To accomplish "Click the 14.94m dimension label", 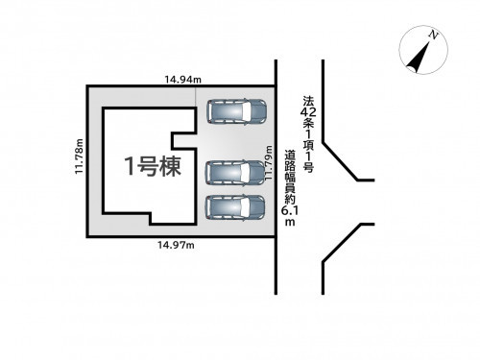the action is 183,80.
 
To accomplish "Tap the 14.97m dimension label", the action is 176,245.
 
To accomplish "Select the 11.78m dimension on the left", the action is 80,156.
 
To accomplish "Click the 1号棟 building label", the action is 153,166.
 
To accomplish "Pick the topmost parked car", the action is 237,111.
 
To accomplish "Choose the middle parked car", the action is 235,173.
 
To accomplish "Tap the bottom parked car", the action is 235,207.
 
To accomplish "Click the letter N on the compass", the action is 433,35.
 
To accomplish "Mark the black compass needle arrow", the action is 420,57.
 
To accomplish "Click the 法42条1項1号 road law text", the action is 308,134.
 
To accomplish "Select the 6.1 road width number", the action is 290,211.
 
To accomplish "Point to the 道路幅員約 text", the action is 290,178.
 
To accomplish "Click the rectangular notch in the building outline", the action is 184,141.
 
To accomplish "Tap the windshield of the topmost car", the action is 247,111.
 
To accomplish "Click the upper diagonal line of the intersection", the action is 340,161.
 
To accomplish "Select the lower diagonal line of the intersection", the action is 343,243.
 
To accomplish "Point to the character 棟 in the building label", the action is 171,166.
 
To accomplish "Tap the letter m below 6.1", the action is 290,223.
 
